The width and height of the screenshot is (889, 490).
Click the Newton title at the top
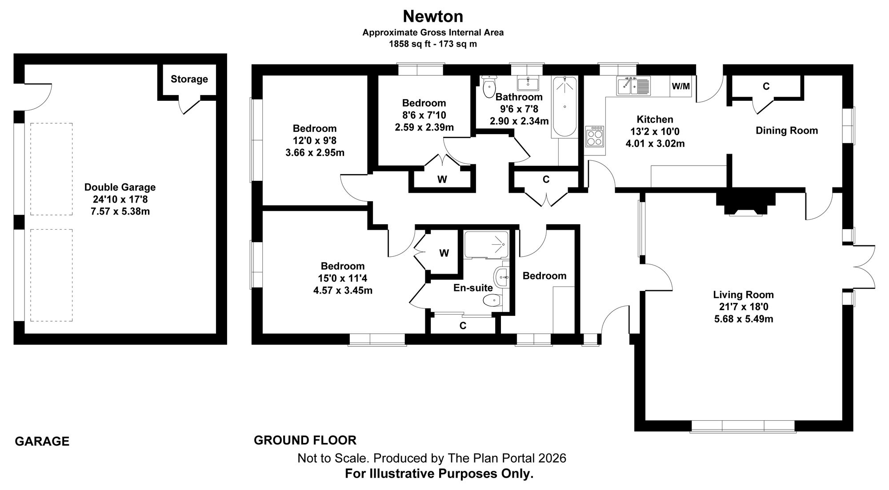[433, 16]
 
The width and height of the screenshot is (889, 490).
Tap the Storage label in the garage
[189, 79]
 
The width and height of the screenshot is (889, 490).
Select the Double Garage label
[120, 187]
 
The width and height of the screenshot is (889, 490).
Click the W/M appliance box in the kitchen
[681, 86]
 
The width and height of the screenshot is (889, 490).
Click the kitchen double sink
[633, 86]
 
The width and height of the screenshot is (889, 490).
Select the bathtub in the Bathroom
[565, 107]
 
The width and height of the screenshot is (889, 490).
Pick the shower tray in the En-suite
[486, 244]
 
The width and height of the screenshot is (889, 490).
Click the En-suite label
[473, 288]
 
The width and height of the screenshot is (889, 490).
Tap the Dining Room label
[787, 131]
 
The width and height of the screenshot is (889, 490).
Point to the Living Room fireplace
[745, 204]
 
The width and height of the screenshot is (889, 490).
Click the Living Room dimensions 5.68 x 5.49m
[744, 319]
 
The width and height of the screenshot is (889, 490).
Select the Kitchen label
[655, 120]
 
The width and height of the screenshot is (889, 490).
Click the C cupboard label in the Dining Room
[766, 87]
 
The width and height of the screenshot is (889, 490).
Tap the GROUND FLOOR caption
[305, 440]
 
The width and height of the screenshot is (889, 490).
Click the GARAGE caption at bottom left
[42, 442]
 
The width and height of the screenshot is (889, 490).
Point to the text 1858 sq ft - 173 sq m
[433, 44]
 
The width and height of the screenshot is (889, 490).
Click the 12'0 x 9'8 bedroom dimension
[315, 141]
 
